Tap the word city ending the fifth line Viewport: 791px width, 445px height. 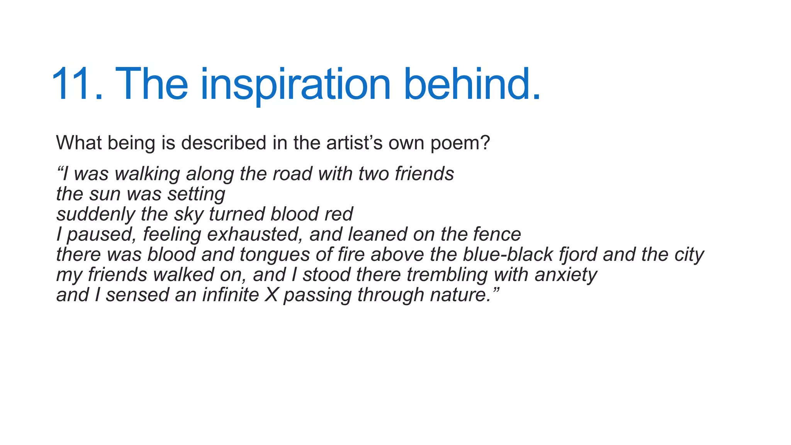(689, 255)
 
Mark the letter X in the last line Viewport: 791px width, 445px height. (272, 295)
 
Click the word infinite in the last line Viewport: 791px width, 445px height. (230, 295)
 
